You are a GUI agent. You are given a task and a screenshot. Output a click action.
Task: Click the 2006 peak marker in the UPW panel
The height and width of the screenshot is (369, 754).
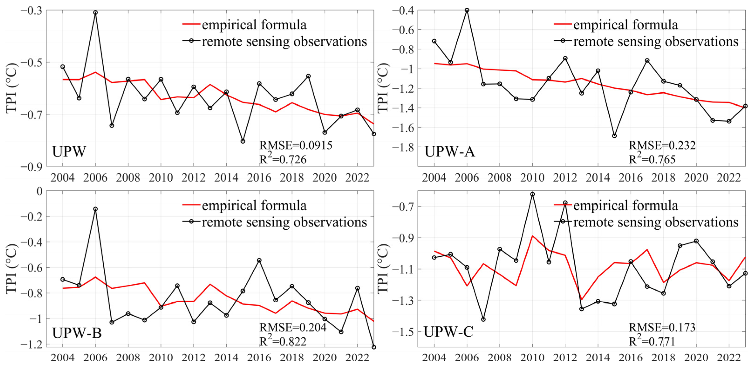(95, 13)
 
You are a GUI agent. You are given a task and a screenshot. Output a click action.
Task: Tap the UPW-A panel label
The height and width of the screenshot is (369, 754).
(450, 152)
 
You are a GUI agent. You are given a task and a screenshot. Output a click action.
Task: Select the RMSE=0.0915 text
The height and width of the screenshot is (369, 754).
(296, 145)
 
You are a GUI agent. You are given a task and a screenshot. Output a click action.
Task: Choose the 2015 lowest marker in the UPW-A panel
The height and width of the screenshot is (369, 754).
(614, 136)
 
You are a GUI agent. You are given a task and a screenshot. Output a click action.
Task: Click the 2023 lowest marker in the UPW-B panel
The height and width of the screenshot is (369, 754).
(374, 347)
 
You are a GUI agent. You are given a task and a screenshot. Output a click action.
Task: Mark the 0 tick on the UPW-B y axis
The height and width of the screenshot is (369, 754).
(39, 191)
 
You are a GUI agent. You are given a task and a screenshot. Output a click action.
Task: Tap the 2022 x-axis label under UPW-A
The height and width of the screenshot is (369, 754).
(729, 177)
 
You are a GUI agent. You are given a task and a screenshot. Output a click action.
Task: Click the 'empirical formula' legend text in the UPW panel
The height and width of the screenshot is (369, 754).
(254, 25)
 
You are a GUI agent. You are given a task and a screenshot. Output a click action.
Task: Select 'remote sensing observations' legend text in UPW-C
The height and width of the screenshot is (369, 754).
(656, 222)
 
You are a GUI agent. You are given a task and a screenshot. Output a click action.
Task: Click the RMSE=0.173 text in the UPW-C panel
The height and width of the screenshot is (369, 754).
(662, 327)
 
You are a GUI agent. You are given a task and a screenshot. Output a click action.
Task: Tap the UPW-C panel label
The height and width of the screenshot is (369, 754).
(448, 332)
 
